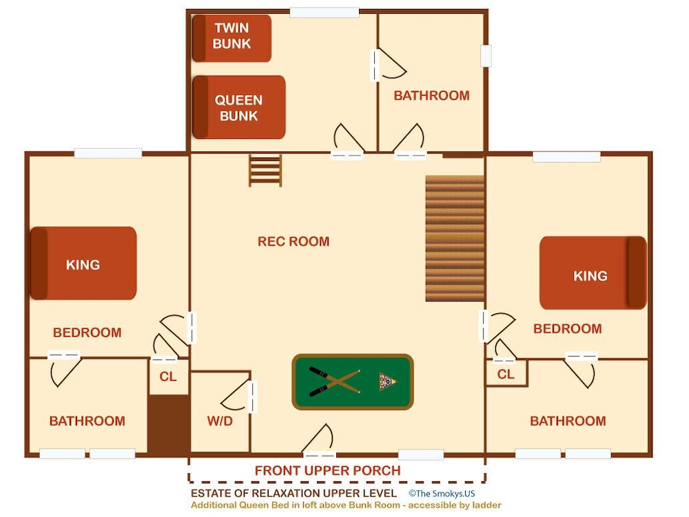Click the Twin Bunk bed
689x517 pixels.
(232, 38)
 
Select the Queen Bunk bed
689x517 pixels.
(238, 107)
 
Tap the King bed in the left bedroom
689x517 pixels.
(83, 263)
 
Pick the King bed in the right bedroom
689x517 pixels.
(593, 273)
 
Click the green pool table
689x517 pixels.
(352, 382)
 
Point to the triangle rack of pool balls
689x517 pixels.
(387, 382)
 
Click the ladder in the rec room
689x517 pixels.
(265, 170)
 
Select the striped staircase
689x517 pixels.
(455, 238)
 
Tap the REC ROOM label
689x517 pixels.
(294, 242)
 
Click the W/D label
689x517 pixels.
(220, 421)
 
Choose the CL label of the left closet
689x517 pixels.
(168, 377)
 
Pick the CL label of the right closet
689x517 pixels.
(506, 374)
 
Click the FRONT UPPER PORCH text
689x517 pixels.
(328, 471)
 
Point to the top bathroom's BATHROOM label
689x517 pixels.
(431, 96)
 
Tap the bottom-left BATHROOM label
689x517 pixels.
(87, 421)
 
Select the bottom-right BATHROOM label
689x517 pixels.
(568, 421)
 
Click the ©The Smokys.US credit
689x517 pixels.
(442, 494)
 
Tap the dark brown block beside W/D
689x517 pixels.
(169, 424)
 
